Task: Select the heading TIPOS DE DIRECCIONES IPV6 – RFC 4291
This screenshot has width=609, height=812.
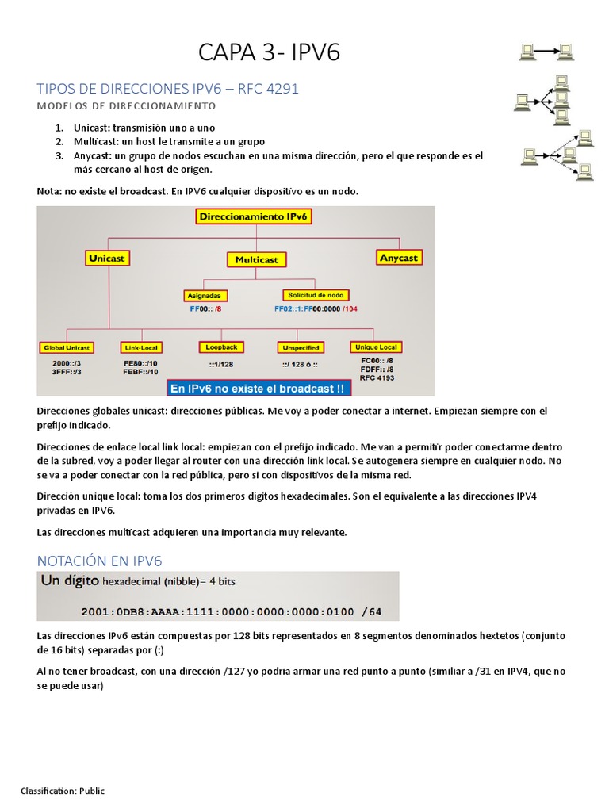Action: (168, 89)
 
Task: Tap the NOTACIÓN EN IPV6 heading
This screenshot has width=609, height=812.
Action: (99, 561)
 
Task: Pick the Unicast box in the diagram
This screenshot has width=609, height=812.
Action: (107, 258)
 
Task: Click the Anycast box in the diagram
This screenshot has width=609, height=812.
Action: (399, 258)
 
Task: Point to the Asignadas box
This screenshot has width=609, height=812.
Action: (205, 296)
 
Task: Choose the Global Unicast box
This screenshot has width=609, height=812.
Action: (67, 347)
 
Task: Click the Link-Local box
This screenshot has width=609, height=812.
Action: (141, 347)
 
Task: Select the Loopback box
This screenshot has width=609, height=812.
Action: (220, 347)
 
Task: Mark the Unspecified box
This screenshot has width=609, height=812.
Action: (301, 347)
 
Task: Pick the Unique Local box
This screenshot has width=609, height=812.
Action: (376, 347)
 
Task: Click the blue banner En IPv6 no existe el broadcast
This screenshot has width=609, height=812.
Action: (258, 389)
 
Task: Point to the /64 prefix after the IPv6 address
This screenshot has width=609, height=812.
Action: (371, 611)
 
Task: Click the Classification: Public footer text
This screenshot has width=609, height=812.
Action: (63, 791)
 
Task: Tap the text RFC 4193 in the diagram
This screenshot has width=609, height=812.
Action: (377, 377)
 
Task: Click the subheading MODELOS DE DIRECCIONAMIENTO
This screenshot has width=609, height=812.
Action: (126, 105)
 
